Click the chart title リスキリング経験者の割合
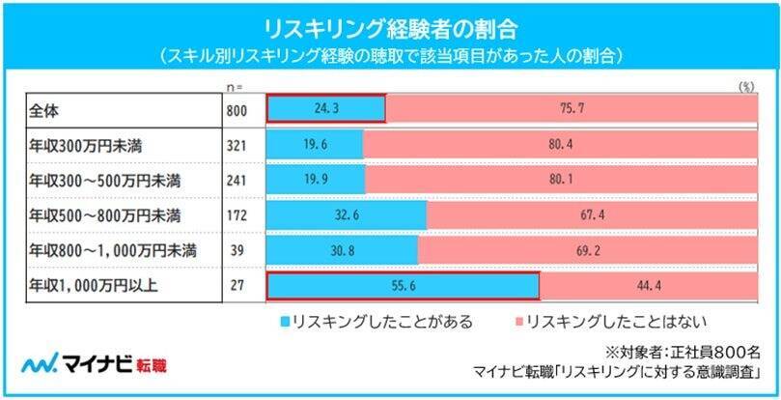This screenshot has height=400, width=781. (390, 23)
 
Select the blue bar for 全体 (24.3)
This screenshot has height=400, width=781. (325, 109)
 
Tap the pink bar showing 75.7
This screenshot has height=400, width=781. (568, 109)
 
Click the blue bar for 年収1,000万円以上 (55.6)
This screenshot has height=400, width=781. (402, 287)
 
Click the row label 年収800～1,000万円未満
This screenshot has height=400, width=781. (113, 251)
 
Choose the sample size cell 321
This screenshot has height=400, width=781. (236, 145)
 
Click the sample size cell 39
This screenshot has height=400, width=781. (236, 251)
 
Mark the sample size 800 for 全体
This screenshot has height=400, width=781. (236, 109)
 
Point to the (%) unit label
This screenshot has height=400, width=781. (744, 86)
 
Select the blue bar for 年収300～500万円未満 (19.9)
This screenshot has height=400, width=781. (315, 181)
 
